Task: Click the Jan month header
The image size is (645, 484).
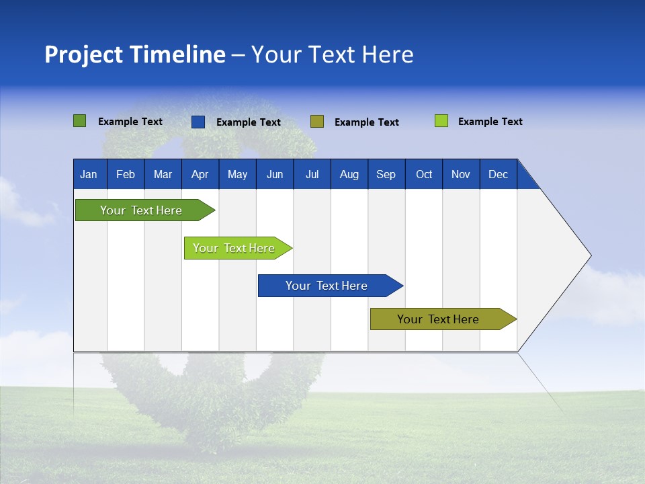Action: (89, 174)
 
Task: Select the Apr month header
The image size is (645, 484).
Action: (200, 174)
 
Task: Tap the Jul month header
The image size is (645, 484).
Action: (312, 174)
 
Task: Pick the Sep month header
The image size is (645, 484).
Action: (386, 174)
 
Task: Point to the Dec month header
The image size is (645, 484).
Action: (498, 174)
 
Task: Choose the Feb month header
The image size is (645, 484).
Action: (126, 174)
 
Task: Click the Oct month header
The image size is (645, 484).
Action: (424, 174)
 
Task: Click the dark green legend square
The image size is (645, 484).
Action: (79, 121)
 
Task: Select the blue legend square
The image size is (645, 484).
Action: (198, 122)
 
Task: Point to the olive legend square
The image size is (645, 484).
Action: (317, 121)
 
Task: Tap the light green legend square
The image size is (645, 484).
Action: (441, 121)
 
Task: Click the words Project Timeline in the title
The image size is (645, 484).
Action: (134, 54)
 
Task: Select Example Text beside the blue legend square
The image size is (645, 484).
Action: (249, 122)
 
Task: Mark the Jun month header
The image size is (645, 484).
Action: (275, 174)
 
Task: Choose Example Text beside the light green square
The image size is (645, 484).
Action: (490, 122)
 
